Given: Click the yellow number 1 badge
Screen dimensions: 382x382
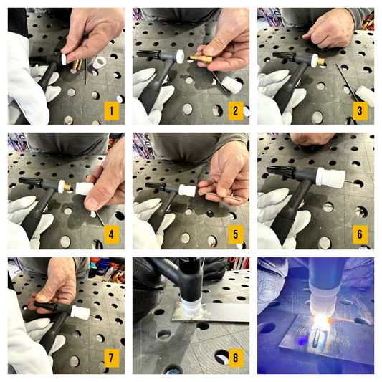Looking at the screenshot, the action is [x=112, y=111].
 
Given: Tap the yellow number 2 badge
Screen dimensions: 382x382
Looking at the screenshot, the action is [x=236, y=111].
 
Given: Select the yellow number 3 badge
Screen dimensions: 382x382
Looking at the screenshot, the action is [x=360, y=111].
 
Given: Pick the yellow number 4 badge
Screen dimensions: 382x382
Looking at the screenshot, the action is [x=112, y=234].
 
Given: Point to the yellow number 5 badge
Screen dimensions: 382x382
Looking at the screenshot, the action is [x=236, y=234].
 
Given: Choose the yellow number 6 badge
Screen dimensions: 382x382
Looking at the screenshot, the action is [x=360, y=234].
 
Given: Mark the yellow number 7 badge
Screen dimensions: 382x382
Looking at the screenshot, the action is [x=112, y=358].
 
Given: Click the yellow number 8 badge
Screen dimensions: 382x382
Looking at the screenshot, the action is [x=236, y=358].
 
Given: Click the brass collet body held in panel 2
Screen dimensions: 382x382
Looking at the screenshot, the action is [x=201, y=59].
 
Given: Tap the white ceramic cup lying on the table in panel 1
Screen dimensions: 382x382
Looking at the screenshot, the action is [x=99, y=62].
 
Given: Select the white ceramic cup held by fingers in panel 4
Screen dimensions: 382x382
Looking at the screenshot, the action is [x=84, y=188].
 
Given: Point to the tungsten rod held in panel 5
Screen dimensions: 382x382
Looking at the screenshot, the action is [x=220, y=196].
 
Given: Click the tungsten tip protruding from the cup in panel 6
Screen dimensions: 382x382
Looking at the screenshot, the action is [x=349, y=181].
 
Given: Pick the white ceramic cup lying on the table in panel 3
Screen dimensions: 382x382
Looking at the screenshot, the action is [x=366, y=96].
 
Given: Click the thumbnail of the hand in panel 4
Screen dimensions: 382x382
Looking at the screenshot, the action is [x=92, y=204].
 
